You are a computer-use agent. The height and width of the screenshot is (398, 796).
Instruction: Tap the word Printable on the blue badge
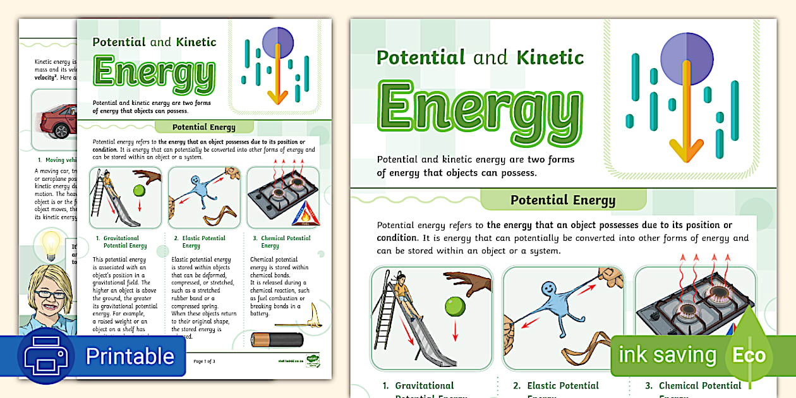(x=130, y=356)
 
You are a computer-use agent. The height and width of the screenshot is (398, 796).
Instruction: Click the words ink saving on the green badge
(x=667, y=354)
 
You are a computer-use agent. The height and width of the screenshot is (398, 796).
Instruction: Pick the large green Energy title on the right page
(x=480, y=107)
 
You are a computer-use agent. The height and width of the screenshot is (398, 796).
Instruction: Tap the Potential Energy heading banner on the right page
(x=563, y=201)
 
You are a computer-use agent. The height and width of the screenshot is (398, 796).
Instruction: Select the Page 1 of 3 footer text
(x=204, y=361)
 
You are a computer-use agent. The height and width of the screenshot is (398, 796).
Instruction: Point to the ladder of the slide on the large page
(x=387, y=310)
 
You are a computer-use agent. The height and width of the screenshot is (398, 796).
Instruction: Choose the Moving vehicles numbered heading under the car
(x=57, y=160)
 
